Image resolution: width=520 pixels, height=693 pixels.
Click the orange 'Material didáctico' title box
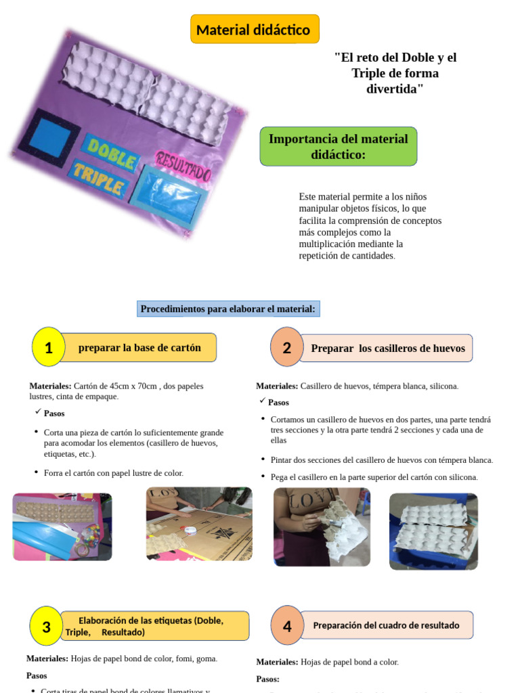254,30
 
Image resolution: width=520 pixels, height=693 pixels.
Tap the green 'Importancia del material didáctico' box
338,146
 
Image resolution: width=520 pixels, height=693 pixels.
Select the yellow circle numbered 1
48,347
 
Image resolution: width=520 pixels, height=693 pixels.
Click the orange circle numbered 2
286,347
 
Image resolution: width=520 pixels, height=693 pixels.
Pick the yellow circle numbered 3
46,626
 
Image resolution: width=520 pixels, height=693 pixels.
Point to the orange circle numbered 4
287,625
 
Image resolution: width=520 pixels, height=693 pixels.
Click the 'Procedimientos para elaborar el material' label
227,309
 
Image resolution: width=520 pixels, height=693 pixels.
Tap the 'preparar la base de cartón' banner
140,348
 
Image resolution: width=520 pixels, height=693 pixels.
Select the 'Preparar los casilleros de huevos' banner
387,348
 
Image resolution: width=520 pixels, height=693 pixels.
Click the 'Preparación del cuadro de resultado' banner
386,625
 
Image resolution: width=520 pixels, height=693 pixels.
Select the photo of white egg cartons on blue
433,531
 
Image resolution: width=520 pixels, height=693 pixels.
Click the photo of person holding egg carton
322,527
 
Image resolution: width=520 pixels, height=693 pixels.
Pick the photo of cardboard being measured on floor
199,524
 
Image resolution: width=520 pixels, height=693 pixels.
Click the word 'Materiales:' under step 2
276,386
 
